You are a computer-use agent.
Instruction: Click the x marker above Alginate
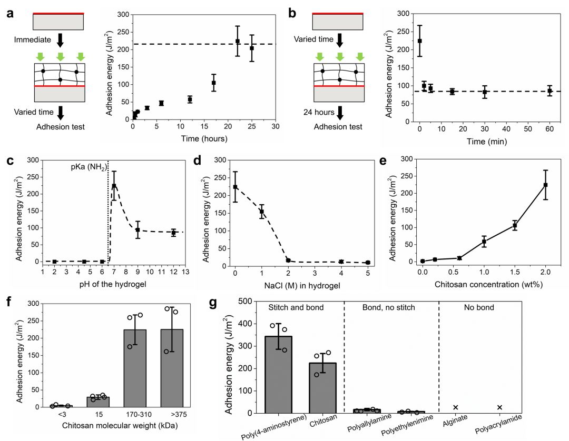click(456, 407)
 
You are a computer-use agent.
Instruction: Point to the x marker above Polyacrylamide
click(499, 407)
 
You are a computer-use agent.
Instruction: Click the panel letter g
click(228, 304)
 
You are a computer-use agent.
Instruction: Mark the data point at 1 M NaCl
click(261, 212)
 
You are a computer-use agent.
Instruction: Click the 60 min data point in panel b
click(550, 91)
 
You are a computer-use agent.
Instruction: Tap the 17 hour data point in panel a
click(214, 83)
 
